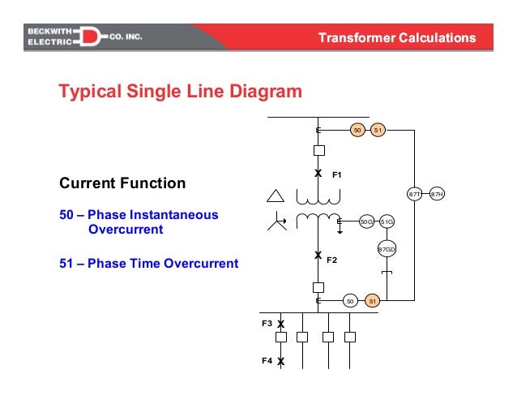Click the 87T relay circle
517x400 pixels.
415,195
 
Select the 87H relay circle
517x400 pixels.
437,195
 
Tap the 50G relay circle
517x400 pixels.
366,221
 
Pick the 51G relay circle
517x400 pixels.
387,221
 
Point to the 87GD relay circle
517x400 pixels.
387,249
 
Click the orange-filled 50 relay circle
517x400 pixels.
356,130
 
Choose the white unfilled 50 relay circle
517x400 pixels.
350,301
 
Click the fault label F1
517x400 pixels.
338,174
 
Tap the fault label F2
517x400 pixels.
331,260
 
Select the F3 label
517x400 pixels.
266,323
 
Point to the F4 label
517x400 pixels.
266,360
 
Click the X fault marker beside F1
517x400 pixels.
318,174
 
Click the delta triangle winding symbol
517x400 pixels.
276,196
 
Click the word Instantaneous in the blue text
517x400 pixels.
169,215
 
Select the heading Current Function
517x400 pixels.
122,183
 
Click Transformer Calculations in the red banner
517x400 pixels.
395,38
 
